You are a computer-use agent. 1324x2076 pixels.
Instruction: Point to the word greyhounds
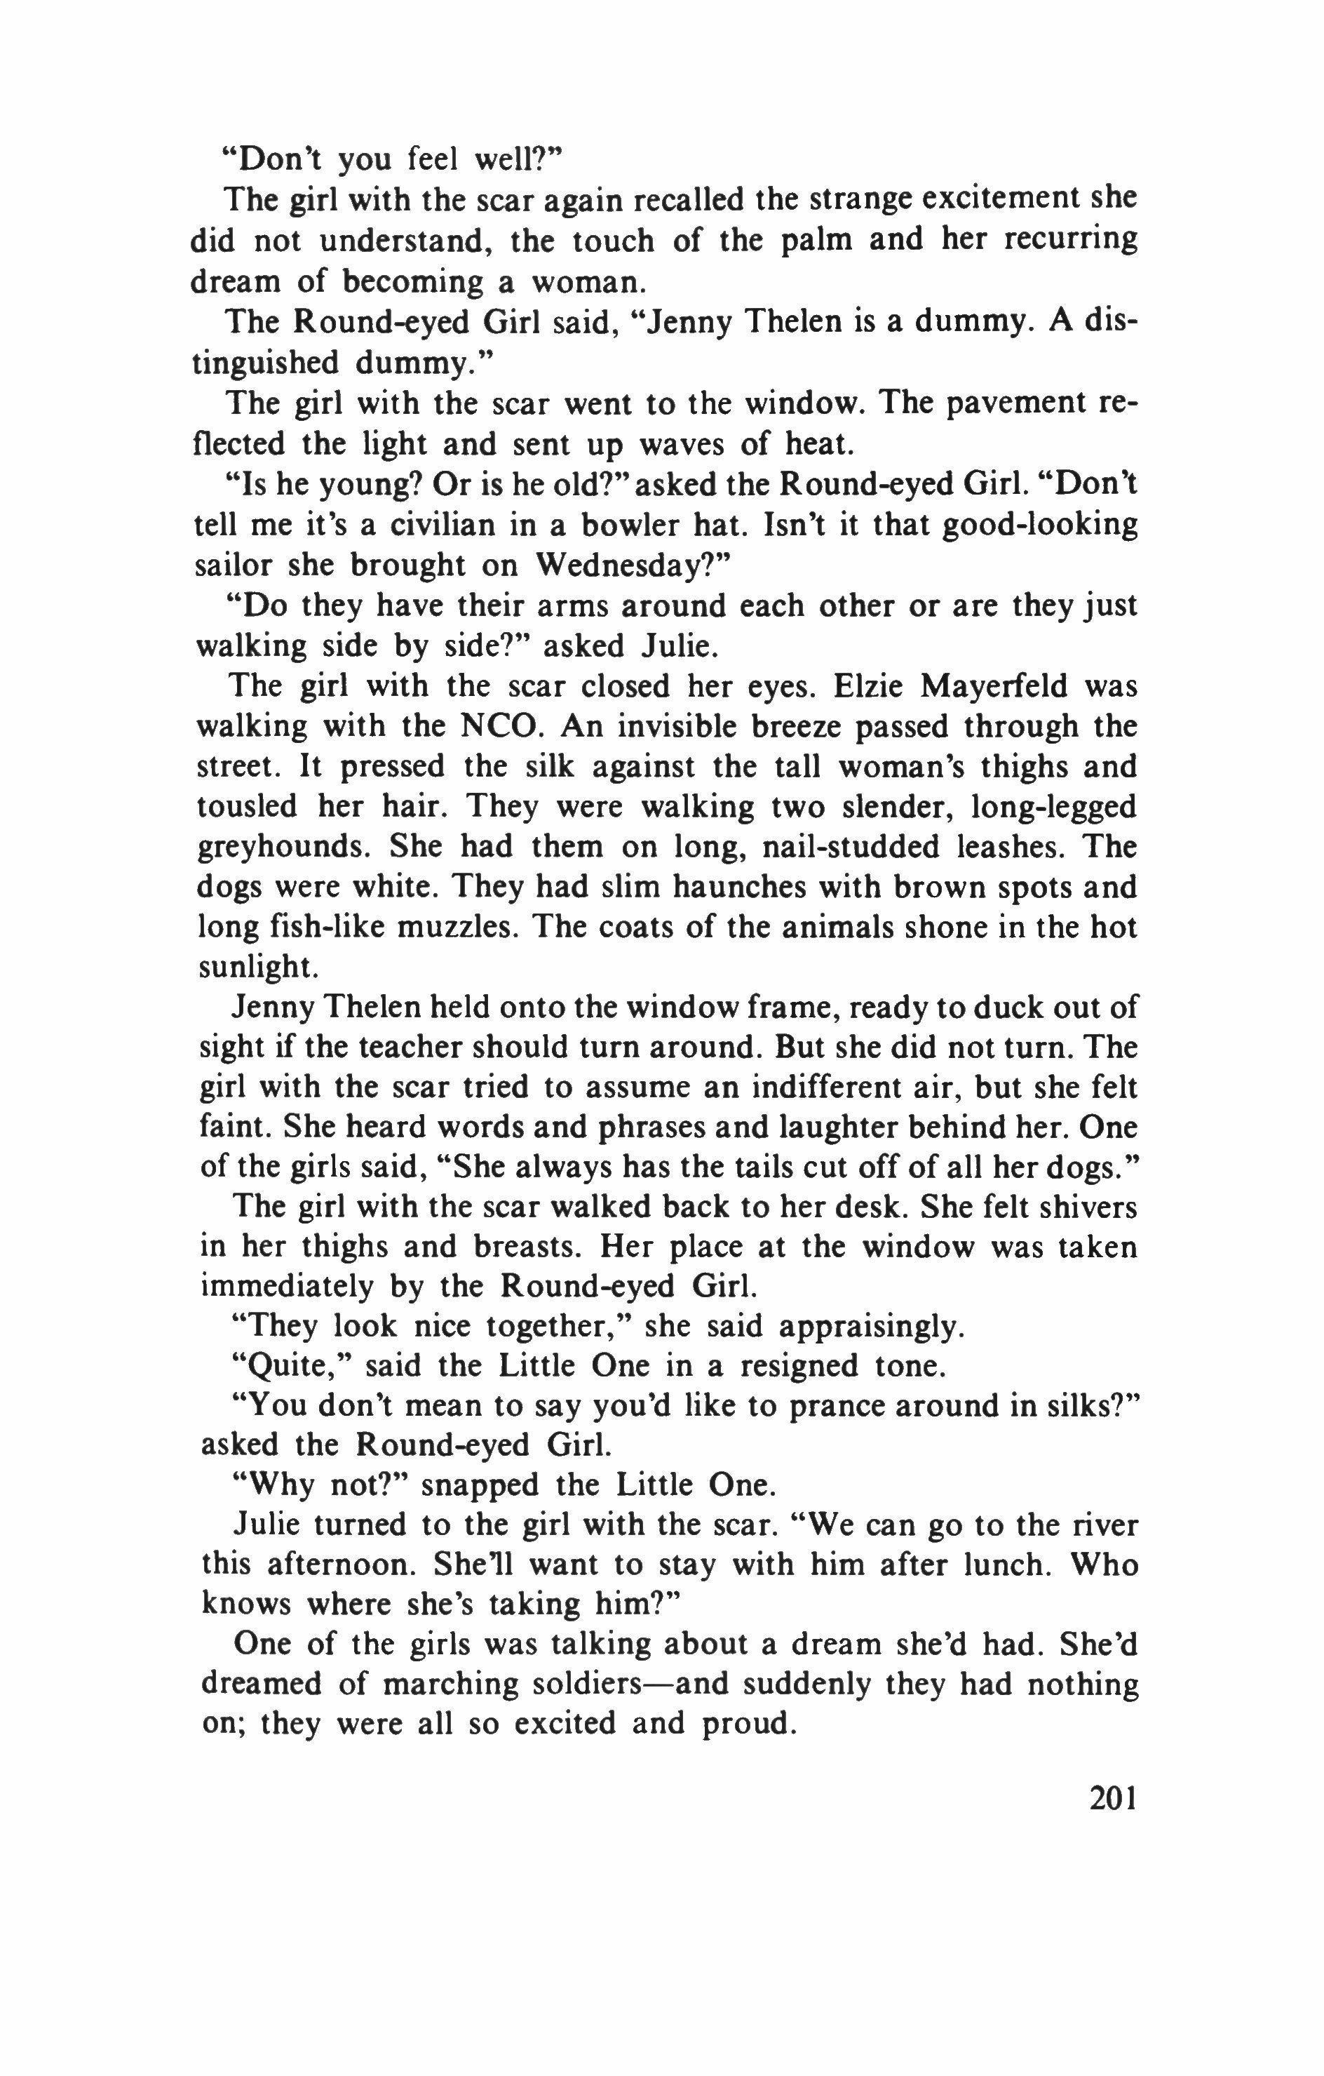pos(285,848)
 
